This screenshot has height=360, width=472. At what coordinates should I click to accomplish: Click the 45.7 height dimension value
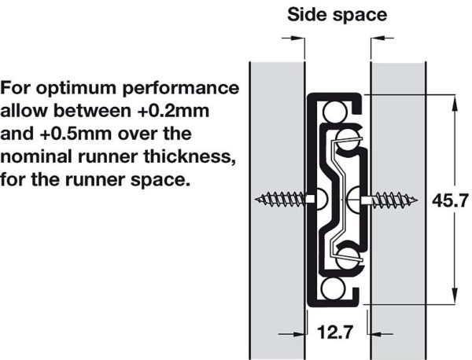pos(450,200)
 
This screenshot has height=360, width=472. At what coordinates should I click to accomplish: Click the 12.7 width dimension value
pos(335,332)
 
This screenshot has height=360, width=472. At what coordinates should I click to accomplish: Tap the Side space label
pos(337,14)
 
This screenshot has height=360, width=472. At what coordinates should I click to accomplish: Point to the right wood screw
pos(390,200)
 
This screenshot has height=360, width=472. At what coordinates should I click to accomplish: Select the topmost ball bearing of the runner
pos(334,111)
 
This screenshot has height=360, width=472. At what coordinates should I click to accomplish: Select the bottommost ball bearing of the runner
pos(333,288)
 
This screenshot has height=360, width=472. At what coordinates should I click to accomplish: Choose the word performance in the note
pos(181,89)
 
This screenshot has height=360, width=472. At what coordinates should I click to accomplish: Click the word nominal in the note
pos(38,156)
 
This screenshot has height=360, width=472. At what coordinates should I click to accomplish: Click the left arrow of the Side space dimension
pos(293,38)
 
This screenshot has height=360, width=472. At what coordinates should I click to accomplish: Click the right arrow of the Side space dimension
pos(382,38)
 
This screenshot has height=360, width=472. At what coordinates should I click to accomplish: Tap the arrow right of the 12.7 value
pos(381,333)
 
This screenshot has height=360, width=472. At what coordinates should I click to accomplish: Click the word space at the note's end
pos(160,181)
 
